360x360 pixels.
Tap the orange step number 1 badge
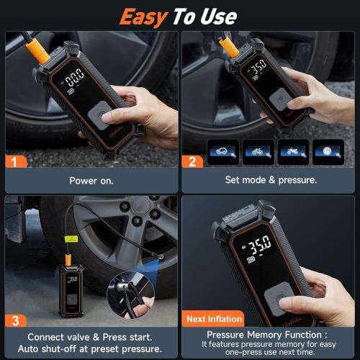[x=14, y=161]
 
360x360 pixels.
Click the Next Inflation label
[x=213, y=318]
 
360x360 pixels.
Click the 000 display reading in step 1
[x=76, y=78]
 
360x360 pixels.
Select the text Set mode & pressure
[x=270, y=181]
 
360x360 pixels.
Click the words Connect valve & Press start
[x=90, y=336]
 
